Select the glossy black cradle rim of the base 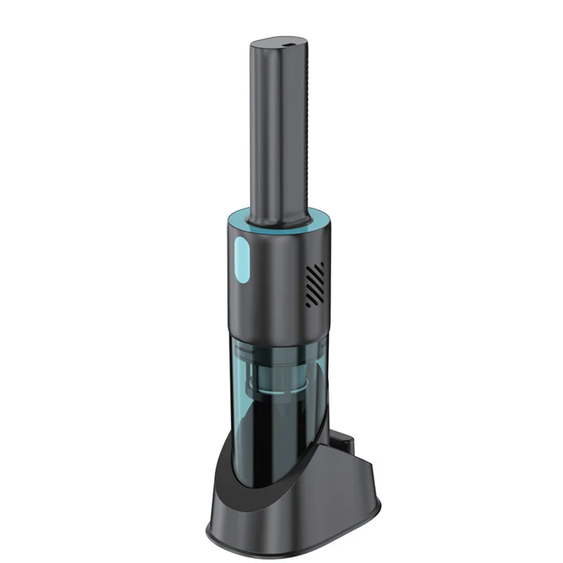(x=225, y=450)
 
